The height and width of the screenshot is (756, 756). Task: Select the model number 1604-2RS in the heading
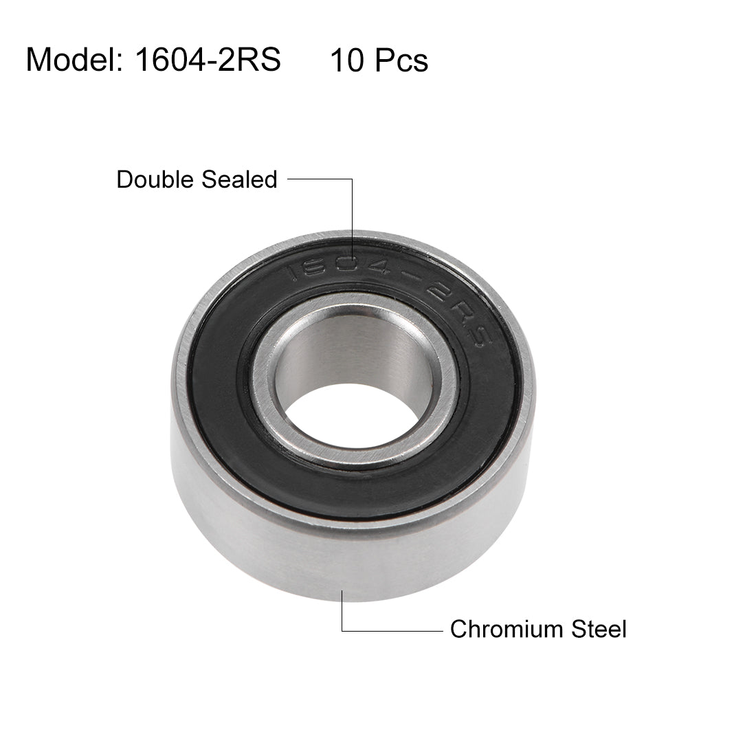click(208, 60)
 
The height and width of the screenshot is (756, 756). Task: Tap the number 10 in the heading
click(346, 60)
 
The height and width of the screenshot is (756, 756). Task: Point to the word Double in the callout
click(155, 179)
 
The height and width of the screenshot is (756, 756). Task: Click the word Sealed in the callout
click(239, 179)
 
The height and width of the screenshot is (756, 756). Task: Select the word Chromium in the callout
click(507, 629)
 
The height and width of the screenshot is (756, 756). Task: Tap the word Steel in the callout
click(599, 629)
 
